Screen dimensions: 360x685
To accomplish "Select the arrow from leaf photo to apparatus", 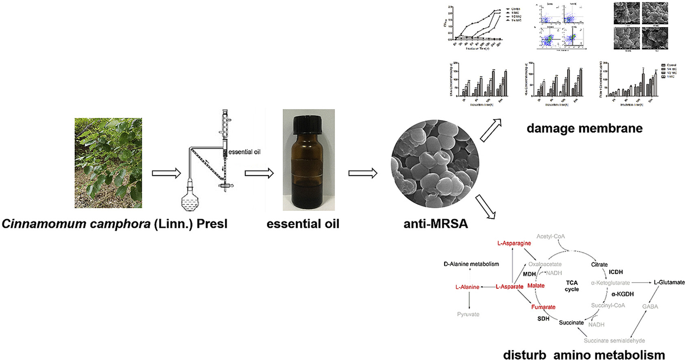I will tap(166, 173).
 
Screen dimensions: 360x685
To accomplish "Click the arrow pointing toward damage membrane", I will tap(490, 130).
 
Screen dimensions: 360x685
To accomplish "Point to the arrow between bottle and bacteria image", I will tap(362, 173).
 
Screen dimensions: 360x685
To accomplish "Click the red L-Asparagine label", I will tap(514, 243).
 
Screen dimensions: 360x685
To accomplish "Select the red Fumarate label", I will tap(543, 307).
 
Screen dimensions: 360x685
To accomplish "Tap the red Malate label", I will tap(536, 286).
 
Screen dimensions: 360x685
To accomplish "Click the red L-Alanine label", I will tap(467, 287).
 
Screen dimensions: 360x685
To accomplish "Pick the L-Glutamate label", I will tap(669, 282).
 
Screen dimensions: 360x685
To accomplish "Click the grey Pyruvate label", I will tap(468, 314).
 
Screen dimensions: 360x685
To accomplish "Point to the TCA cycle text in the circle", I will tap(572, 286).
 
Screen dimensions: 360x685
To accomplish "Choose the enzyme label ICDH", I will tap(616, 272).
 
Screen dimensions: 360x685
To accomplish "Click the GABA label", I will tap(650, 307).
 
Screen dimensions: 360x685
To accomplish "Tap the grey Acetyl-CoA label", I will tap(551, 236).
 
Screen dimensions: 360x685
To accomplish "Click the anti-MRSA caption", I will tap(436, 224).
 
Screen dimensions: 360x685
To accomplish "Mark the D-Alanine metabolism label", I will tap(471, 264).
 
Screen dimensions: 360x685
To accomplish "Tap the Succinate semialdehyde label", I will tap(614, 341).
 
